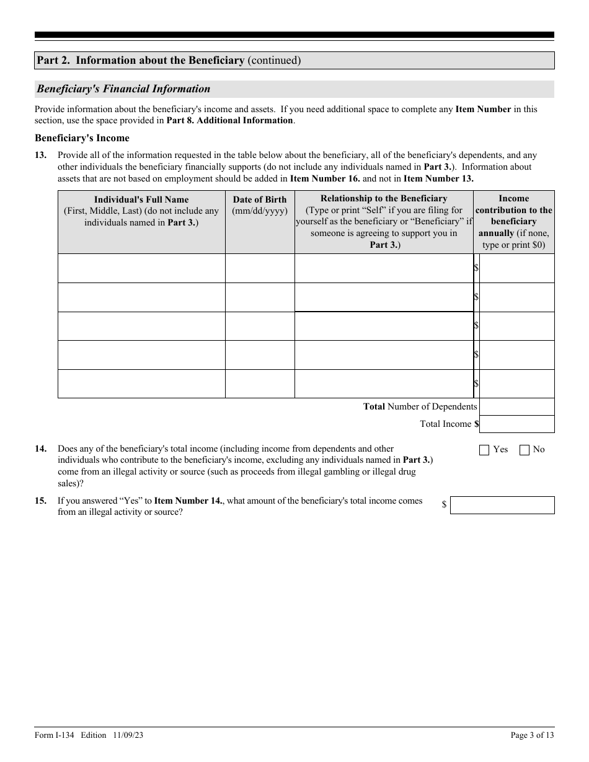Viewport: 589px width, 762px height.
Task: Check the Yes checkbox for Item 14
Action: point(484,450)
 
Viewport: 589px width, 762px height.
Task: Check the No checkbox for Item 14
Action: point(525,450)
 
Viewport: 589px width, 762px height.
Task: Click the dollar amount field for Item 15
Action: point(502,505)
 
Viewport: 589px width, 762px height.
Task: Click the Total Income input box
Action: point(517,424)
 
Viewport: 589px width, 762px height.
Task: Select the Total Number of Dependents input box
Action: point(517,406)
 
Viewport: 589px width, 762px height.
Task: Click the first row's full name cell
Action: point(141,268)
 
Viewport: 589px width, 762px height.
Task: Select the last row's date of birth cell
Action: point(260,383)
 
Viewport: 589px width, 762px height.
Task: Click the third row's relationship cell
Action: point(384,326)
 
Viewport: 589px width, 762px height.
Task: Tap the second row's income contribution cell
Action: point(517,297)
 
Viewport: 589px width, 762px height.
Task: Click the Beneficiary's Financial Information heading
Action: point(123,89)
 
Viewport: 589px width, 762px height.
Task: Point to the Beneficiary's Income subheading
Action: point(82,138)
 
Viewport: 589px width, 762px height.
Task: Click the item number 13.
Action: point(40,155)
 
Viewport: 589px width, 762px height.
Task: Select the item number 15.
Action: point(40,501)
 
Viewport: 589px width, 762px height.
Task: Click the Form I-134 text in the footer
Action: point(55,735)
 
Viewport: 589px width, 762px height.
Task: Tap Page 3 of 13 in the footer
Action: point(532,735)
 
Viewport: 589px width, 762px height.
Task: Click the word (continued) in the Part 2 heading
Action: point(274,60)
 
